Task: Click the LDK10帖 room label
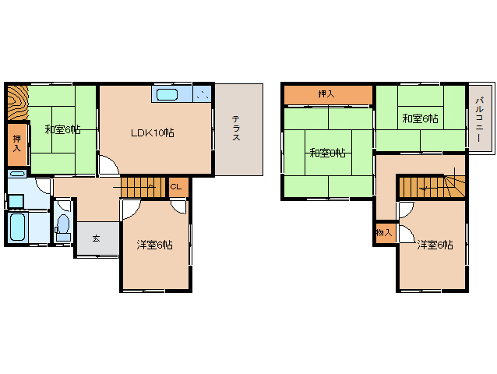point(153,132)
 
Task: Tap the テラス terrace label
point(236,128)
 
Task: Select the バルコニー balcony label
point(479,119)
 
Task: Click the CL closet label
point(176,187)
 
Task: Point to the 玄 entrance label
point(96,238)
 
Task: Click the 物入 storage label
point(384,233)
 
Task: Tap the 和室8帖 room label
point(327,153)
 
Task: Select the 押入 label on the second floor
point(326,93)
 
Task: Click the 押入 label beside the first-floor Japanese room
point(17,143)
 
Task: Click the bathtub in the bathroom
point(17,227)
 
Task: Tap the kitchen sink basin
point(167,94)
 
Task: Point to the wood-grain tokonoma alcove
point(18,103)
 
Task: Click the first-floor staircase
point(143,187)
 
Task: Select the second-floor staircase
point(432,187)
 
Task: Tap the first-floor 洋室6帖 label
point(155,245)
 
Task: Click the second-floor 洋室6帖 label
point(435,245)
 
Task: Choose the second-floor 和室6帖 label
point(421,118)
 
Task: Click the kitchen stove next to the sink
point(203,93)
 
